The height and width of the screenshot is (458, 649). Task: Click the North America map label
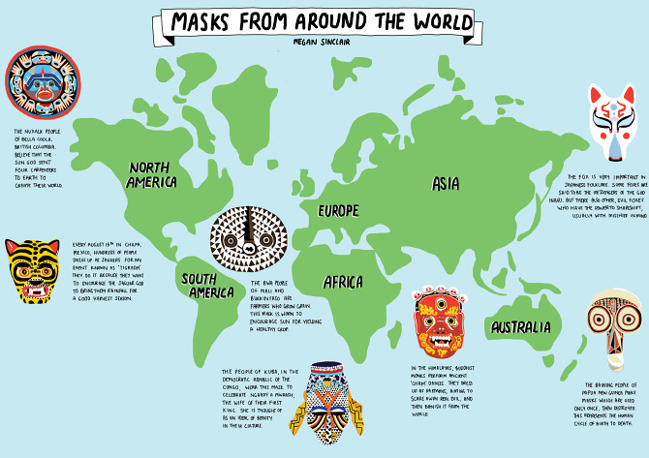(141, 173)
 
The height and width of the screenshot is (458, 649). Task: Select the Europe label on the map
(331, 210)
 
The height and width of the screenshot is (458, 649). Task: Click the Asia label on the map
(446, 184)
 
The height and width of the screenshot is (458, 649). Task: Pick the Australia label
(520, 328)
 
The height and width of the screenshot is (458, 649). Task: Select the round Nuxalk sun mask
(35, 81)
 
